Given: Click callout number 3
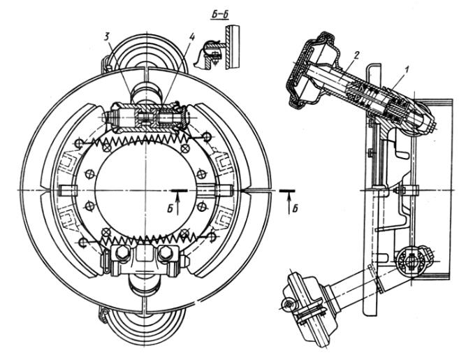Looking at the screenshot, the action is click(x=107, y=36).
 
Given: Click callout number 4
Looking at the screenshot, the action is click(x=191, y=37).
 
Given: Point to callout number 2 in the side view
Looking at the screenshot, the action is click(x=357, y=55).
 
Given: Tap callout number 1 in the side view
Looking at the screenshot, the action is click(x=406, y=71).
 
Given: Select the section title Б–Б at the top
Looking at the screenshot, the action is click(x=220, y=15).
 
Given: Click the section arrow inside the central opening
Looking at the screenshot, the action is click(x=177, y=202).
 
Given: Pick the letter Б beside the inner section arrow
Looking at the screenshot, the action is click(x=170, y=209).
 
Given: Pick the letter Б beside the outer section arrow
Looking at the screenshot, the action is click(x=295, y=209).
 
